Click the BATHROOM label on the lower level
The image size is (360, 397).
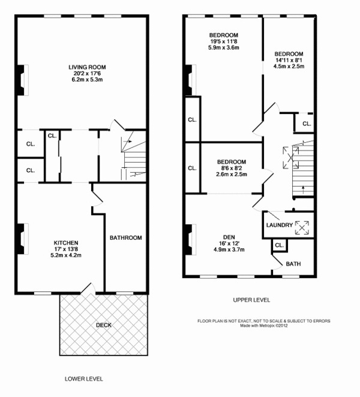[x=125, y=238]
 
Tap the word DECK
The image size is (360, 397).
[x=104, y=325]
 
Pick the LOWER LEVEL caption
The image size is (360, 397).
[x=83, y=379]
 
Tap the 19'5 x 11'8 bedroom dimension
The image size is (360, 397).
[x=224, y=41]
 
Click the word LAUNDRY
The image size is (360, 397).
[x=280, y=225]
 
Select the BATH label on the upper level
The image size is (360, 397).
[x=293, y=263]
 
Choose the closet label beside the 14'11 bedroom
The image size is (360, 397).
[x=306, y=124]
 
